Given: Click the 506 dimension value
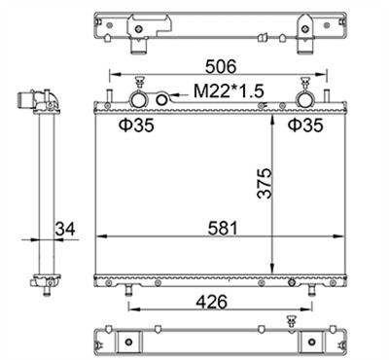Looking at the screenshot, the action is tap(221, 67).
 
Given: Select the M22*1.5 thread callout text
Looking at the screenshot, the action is tap(229, 91).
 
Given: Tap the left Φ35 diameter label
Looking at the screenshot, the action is tap(136, 126).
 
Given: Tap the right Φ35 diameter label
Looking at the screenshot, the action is tap(305, 126).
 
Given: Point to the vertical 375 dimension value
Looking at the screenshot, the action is tap(265, 183).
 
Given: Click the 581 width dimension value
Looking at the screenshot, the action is tap(223, 228).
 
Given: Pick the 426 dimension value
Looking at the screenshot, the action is tap(212, 302).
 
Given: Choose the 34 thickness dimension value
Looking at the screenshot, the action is tap(65, 229).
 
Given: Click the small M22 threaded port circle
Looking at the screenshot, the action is tap(161, 99).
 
